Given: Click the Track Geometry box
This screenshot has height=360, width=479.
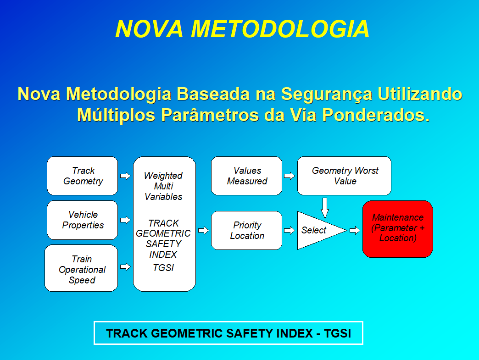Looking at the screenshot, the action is [82, 176].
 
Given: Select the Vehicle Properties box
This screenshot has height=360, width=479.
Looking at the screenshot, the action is [82, 220].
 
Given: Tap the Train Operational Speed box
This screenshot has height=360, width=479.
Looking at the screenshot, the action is [81, 268].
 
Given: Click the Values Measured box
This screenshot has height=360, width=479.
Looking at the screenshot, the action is [246, 176].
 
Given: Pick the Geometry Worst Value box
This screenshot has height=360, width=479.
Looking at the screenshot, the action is [344, 176].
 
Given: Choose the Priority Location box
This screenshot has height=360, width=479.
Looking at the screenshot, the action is [246, 230].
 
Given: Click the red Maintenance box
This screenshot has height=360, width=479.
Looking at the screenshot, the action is [398, 229].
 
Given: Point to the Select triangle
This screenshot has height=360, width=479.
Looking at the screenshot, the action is [317, 230].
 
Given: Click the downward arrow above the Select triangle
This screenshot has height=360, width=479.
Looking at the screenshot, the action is [325, 208].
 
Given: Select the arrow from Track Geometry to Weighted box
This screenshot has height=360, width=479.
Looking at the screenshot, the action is [125, 176].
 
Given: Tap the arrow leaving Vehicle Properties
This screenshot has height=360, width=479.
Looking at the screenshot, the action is [125, 220].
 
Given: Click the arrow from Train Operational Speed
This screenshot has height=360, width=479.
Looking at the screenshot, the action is [125, 267].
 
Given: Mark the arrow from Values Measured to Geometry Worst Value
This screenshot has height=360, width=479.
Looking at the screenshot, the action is [290, 176].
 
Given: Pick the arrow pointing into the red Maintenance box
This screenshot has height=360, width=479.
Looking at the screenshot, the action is [355, 230].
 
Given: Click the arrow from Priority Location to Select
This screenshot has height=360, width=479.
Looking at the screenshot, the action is [290, 230].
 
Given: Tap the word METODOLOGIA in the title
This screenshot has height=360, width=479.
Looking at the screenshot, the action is [280, 29].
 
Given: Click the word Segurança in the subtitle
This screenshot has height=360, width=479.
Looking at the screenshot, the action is [326, 94].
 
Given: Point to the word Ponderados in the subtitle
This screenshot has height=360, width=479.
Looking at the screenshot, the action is [376, 115].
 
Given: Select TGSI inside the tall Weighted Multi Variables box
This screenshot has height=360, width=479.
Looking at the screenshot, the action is [163, 268].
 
